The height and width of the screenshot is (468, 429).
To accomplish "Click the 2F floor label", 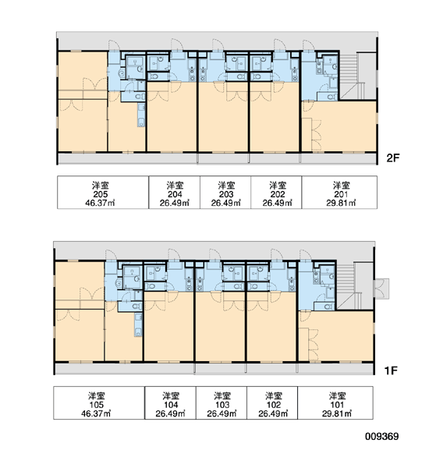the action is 392,158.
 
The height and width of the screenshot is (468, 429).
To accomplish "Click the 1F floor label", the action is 391,370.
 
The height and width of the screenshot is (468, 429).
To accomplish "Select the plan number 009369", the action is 382,436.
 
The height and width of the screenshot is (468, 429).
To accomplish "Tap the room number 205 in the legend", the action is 101,194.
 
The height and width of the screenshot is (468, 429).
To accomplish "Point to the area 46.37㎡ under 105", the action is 96,413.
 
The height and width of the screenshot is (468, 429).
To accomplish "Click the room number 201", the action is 341,194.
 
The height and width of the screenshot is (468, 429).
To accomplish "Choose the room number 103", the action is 222,405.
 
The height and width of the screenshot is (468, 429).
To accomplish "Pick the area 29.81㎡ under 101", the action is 337,413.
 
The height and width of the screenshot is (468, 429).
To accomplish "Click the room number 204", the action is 175,194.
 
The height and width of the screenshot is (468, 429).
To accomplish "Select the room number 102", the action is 274,405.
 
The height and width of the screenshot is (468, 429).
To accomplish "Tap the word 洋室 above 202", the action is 278,186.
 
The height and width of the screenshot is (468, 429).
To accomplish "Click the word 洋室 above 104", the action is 171,396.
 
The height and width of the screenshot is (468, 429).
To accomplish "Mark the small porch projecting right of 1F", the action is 381,289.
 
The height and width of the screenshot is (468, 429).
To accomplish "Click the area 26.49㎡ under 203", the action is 226,204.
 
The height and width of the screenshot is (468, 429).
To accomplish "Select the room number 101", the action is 337,405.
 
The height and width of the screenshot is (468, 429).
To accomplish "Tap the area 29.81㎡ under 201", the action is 341,204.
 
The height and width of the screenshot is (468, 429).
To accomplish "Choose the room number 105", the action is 96,405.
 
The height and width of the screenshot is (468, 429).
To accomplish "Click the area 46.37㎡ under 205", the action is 101,204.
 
